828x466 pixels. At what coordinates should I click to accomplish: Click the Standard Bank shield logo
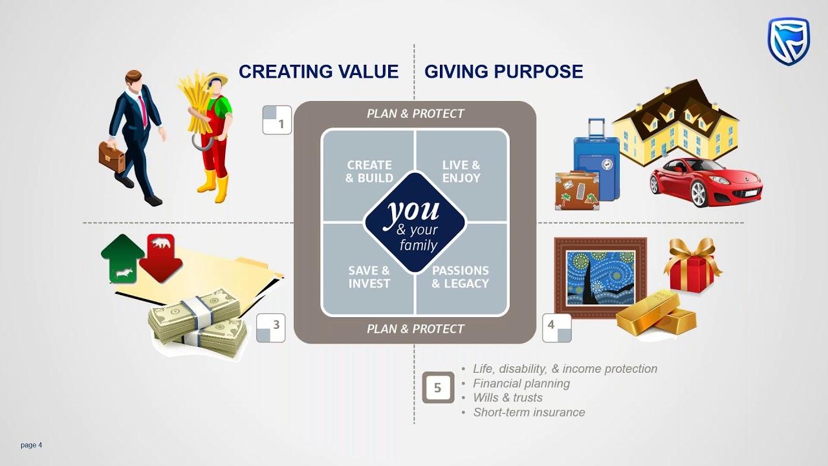point(789,41)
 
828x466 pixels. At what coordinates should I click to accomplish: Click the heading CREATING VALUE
point(318,72)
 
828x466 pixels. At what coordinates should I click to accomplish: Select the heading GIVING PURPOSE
point(503,72)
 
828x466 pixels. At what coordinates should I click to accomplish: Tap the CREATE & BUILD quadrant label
point(369,172)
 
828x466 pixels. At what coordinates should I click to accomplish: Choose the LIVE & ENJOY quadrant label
point(461,172)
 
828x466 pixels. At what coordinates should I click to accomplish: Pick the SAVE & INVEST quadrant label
point(369,277)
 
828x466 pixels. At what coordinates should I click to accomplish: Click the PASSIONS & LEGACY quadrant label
point(461,277)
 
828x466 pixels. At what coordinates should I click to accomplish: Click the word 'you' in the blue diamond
point(414,211)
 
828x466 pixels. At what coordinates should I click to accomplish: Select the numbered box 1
point(277,120)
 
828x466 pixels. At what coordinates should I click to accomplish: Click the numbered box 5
point(438,388)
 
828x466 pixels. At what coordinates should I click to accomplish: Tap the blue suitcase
point(596,159)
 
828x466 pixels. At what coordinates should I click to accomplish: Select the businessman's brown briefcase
point(111,157)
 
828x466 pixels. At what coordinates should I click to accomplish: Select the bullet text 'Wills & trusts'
point(508,397)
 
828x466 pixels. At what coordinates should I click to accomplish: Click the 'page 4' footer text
point(31,445)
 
